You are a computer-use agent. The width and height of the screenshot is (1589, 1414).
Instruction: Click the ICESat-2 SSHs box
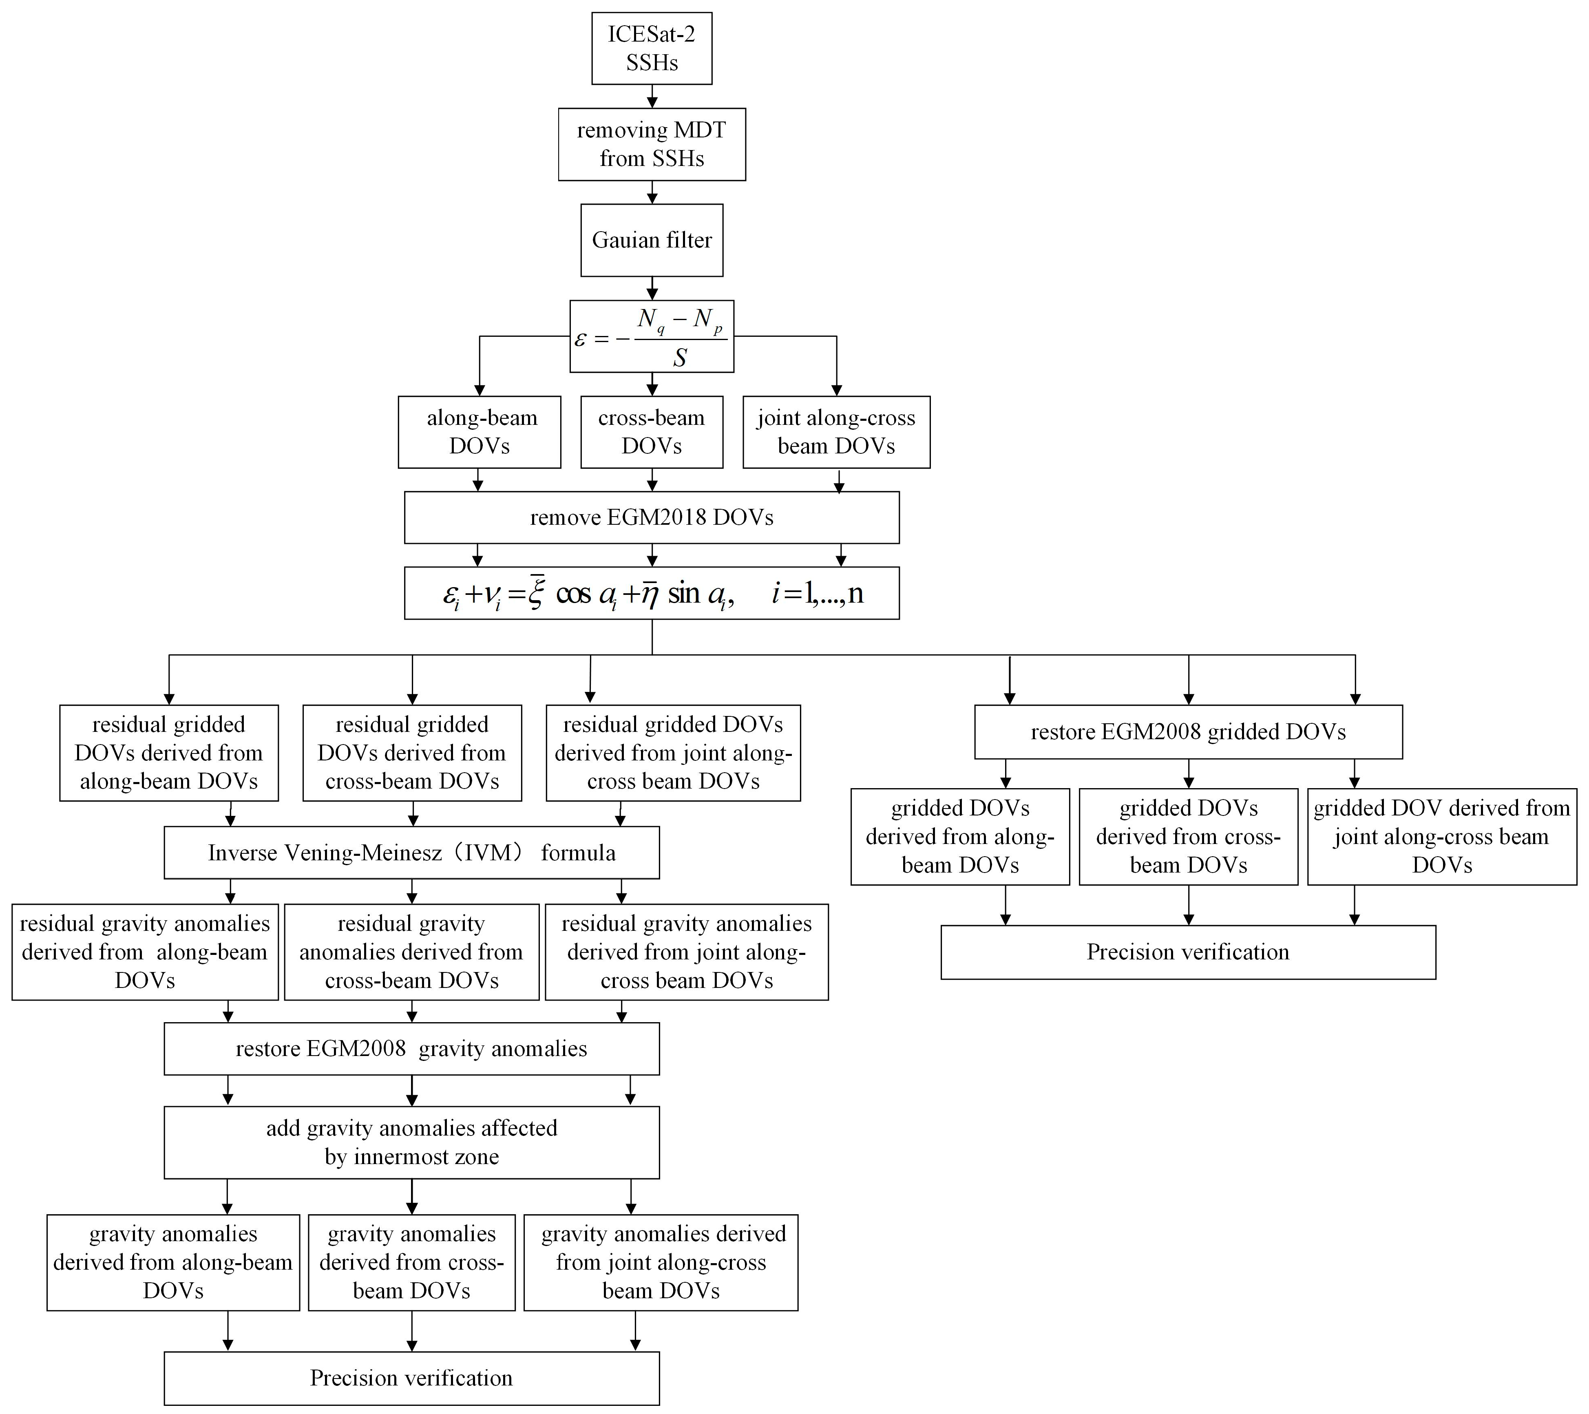(x=652, y=48)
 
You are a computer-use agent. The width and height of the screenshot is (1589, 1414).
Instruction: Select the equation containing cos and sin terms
(x=652, y=593)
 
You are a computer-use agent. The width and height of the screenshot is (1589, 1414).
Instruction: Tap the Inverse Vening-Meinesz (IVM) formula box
(x=411, y=853)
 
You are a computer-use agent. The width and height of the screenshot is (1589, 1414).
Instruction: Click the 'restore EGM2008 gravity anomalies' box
(x=411, y=1049)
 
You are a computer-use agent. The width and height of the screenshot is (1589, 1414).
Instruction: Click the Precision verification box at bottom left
(x=411, y=1378)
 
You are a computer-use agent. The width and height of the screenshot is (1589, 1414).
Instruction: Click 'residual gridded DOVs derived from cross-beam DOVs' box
(x=411, y=753)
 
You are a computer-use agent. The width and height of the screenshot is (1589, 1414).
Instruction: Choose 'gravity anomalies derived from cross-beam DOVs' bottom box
(x=411, y=1262)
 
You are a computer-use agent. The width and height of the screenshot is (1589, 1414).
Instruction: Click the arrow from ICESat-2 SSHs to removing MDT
(x=652, y=96)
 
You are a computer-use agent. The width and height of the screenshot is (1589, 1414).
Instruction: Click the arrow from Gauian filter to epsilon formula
(x=652, y=288)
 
